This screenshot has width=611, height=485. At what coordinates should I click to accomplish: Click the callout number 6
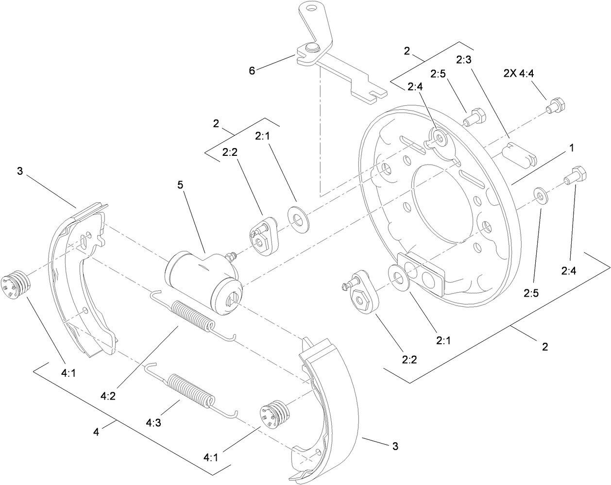252,70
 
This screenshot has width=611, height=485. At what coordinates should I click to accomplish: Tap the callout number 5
181,185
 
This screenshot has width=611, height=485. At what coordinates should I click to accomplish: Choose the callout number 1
572,148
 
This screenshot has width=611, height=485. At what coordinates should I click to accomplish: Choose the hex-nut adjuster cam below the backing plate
361,301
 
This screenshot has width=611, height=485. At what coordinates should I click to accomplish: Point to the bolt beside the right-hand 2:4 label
575,176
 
